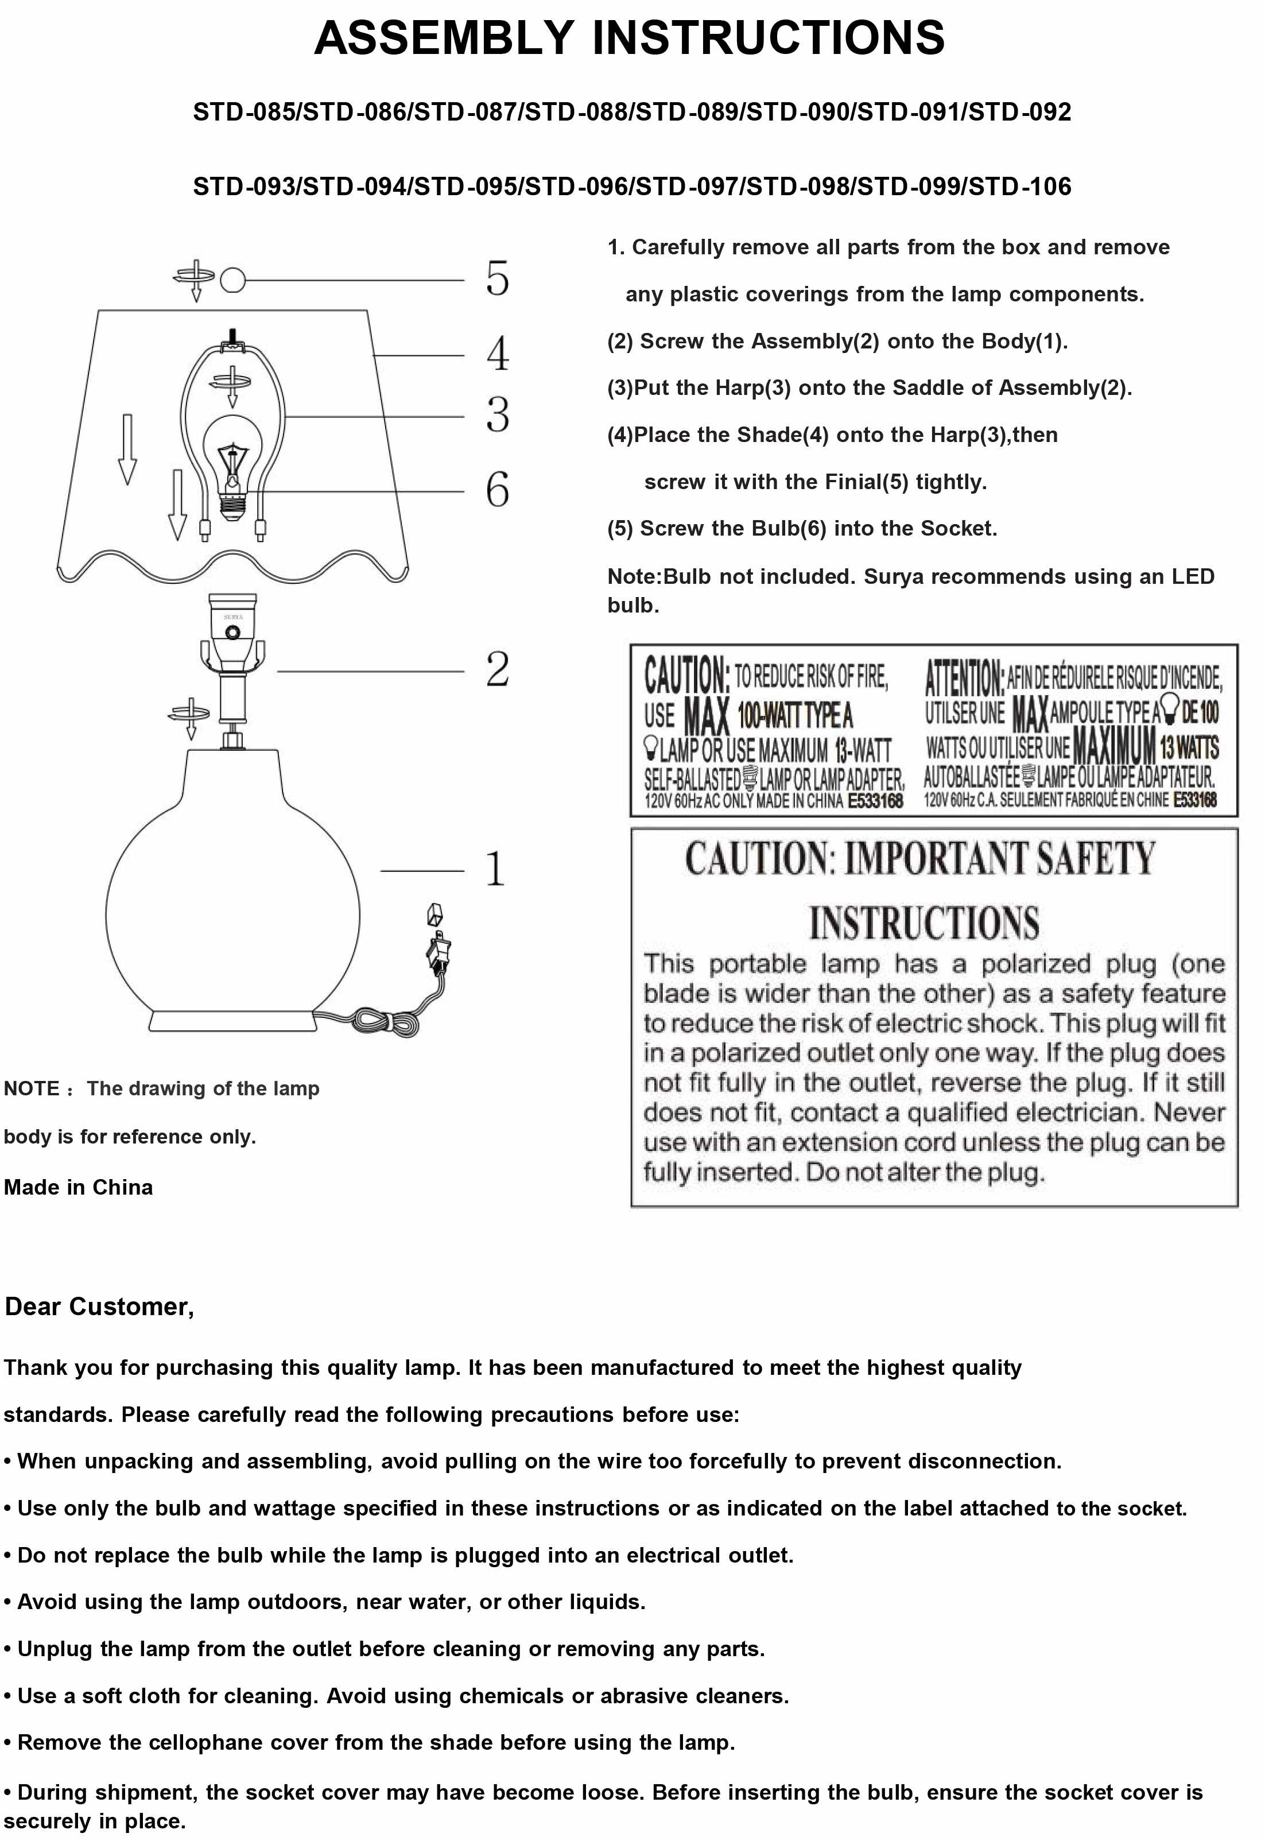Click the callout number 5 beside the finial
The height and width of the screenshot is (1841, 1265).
coord(497,278)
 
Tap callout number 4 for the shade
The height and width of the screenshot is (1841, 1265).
coord(497,354)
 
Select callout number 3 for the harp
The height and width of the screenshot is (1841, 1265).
coord(497,414)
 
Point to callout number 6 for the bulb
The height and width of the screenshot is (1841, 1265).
coord(497,489)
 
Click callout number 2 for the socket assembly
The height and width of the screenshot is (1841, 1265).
coord(497,670)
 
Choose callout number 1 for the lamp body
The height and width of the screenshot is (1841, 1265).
coord(495,869)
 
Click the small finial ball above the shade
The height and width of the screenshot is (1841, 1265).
coord(232,279)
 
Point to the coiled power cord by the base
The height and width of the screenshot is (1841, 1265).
coord(385,1022)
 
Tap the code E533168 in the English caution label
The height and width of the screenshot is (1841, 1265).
coord(875,800)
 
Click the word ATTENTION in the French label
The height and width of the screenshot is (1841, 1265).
coord(964,677)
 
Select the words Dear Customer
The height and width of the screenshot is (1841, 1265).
coord(99,1307)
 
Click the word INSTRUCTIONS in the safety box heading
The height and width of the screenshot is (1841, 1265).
coord(923,923)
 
